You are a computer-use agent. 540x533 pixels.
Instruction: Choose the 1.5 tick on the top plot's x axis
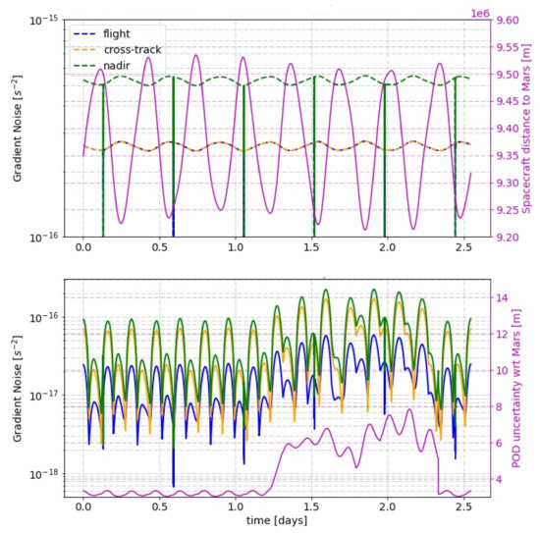(311, 250)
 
